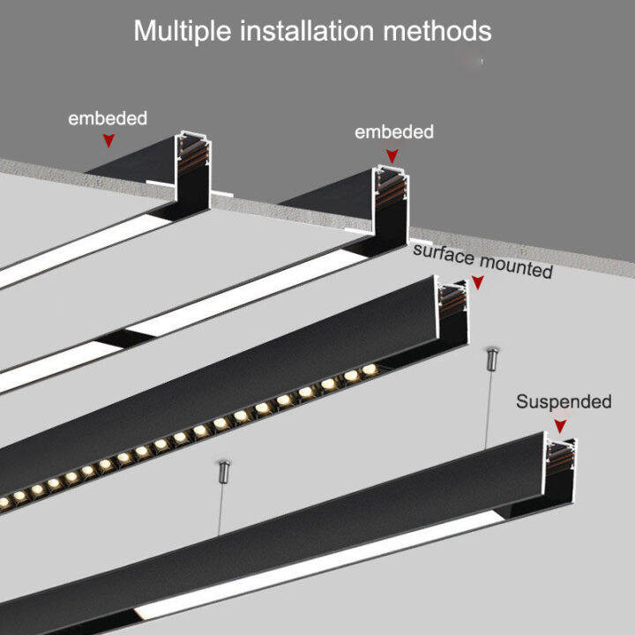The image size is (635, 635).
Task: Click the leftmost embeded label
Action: (108, 117)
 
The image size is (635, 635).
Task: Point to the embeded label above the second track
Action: (393, 132)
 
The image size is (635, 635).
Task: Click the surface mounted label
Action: (482, 262)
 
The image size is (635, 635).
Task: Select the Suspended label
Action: (563, 402)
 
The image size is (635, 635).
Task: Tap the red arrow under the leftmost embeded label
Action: (108, 139)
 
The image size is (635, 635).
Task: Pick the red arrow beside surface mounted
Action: (477, 282)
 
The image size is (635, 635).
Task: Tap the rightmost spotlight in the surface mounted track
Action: (368, 369)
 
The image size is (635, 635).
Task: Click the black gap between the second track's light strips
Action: (112, 340)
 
